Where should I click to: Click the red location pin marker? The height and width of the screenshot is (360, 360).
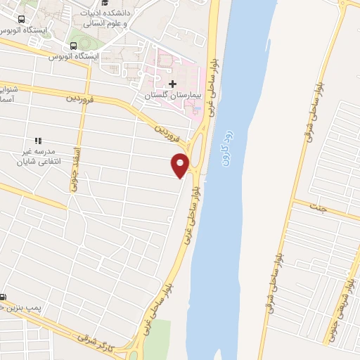point(180,165)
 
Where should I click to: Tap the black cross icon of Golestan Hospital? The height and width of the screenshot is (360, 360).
point(172,84)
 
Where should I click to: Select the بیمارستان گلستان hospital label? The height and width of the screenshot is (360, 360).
point(173,94)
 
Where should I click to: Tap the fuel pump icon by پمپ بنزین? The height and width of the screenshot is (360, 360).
point(4,296)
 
